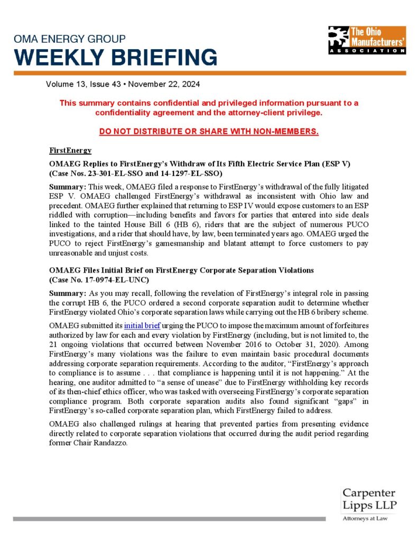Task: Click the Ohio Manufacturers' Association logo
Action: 366,40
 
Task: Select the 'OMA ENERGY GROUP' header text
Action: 70,39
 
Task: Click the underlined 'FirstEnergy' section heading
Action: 70,151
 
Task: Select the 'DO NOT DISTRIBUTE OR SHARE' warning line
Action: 209,131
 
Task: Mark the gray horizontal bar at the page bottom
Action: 169,519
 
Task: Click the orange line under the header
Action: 209,73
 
